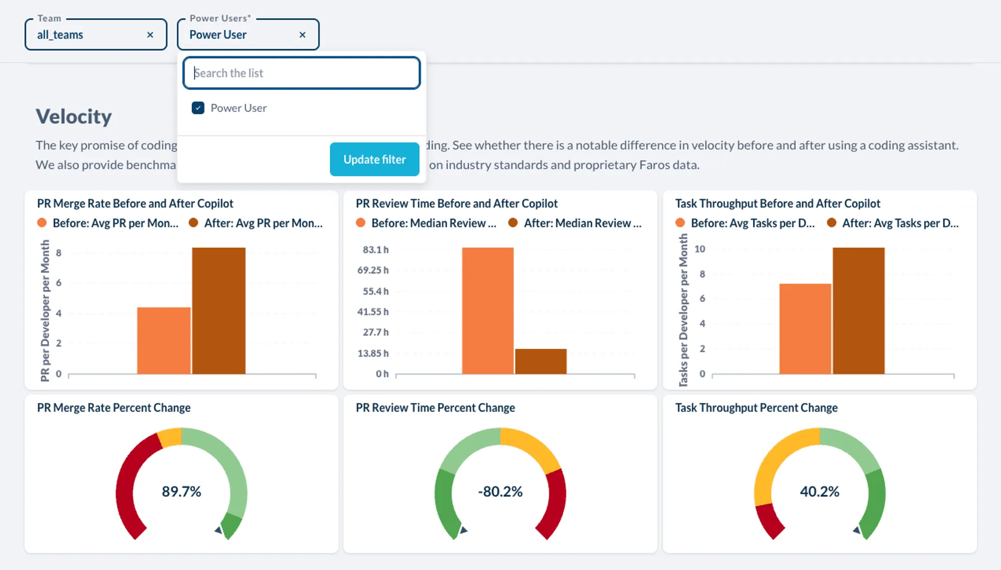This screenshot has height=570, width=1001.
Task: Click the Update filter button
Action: pyautogui.click(x=374, y=160)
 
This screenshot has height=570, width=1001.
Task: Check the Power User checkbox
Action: pyautogui.click(x=198, y=108)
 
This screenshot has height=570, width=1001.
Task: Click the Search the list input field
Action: pyautogui.click(x=301, y=73)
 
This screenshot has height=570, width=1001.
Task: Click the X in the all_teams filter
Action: pyautogui.click(x=150, y=35)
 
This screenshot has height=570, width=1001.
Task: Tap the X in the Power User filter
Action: pyautogui.click(x=302, y=35)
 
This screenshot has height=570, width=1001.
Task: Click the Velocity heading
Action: pyautogui.click(x=74, y=116)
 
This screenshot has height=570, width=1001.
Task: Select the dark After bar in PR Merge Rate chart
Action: pyautogui.click(x=218, y=311)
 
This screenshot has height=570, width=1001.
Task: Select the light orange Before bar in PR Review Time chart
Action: pyautogui.click(x=487, y=311)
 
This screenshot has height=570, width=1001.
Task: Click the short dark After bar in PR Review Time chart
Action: pyautogui.click(x=541, y=361)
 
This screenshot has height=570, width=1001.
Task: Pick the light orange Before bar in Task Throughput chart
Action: pyautogui.click(x=805, y=329)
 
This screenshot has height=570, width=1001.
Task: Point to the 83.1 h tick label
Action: pyautogui.click(x=375, y=250)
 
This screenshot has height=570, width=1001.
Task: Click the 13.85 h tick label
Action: pyautogui.click(x=373, y=354)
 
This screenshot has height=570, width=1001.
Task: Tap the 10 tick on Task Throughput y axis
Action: pyautogui.click(x=700, y=249)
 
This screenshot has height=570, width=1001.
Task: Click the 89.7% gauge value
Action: pyautogui.click(x=181, y=492)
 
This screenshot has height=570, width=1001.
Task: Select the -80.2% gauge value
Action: pyautogui.click(x=500, y=492)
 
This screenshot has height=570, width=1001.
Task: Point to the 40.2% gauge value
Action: pyautogui.click(x=820, y=492)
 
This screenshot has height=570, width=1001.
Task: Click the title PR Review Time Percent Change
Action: pyautogui.click(x=435, y=408)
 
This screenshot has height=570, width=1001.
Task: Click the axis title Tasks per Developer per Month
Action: pyautogui.click(x=683, y=310)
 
